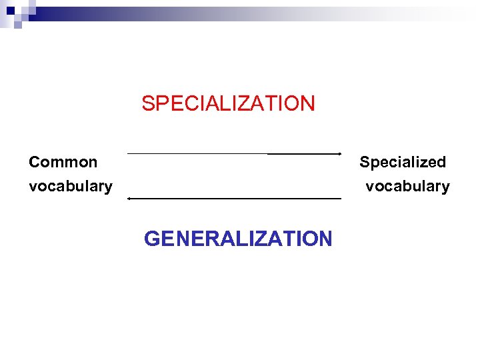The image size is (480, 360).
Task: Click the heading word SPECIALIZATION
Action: coord(228,103)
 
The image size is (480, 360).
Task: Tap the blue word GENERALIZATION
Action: coord(237,239)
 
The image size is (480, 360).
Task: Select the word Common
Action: coord(63,162)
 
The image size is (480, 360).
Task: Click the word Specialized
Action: coord(403,162)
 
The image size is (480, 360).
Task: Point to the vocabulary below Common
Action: coord(70,186)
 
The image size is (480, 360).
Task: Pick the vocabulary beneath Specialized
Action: coord(407,186)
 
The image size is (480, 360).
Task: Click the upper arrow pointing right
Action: coord(233,154)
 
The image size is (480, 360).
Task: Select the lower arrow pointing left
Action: coord(233,199)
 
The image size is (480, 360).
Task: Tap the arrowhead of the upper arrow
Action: coord(339,154)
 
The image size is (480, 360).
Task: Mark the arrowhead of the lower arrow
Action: coord(129,199)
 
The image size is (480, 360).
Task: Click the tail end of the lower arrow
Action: coord(340,199)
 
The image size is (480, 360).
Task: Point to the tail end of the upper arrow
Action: coord(129,154)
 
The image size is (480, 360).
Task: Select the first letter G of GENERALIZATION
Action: coord(153,239)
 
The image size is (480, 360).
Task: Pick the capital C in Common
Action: coord(35,162)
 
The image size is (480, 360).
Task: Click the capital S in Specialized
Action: coord(365,162)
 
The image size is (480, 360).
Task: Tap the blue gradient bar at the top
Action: coord(200,13)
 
